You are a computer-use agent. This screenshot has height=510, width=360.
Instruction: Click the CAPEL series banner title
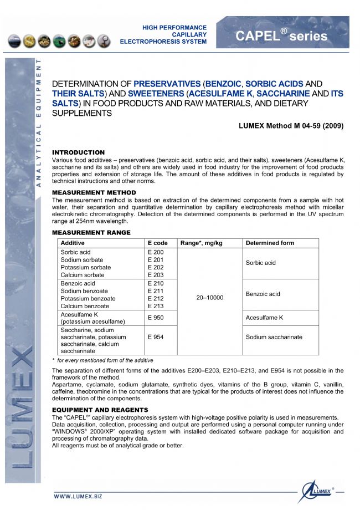coord(281,36)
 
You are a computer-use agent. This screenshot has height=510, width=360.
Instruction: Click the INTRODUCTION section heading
coord(78,152)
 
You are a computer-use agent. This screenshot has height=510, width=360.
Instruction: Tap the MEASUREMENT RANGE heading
coord(91,232)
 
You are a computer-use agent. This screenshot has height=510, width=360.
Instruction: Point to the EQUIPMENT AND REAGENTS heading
coord(100,410)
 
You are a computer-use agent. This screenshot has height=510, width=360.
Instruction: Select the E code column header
coord(158,243)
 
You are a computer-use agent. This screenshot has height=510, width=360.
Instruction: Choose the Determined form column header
coord(270,243)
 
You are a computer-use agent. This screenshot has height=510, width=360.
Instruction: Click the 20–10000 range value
coord(210,298)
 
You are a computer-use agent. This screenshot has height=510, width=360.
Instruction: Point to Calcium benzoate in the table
coord(85,306)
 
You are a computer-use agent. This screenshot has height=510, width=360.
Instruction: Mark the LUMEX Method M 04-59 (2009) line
coord(291,126)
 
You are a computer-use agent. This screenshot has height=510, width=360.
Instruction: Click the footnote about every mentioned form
coord(102,360)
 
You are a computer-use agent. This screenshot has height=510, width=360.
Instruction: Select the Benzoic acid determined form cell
coord(263,294)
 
